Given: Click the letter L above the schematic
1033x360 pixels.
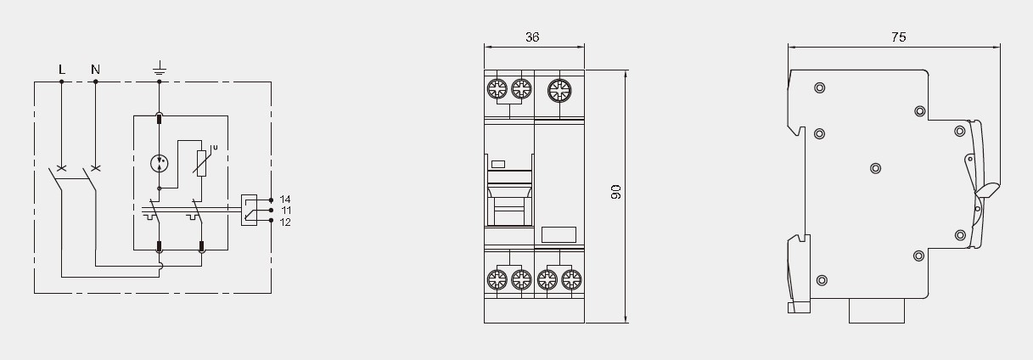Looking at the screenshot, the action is tap(62, 70).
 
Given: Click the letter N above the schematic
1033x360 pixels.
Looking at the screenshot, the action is tap(95, 70).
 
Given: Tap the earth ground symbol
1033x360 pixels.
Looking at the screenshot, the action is tap(160, 68).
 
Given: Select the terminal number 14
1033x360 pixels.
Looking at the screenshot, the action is tap(285, 200).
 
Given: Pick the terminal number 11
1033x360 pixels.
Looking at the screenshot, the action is tap(286, 211).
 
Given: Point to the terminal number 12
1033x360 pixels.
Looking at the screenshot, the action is tap(285, 222).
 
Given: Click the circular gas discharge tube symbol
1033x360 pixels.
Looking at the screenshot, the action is tap(160, 163).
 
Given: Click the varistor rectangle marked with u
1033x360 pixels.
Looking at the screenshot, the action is tap(201, 163).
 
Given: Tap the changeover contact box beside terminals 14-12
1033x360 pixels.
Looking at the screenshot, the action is tap(249, 210).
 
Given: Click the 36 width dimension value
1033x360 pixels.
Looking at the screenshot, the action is tap(532, 37).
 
